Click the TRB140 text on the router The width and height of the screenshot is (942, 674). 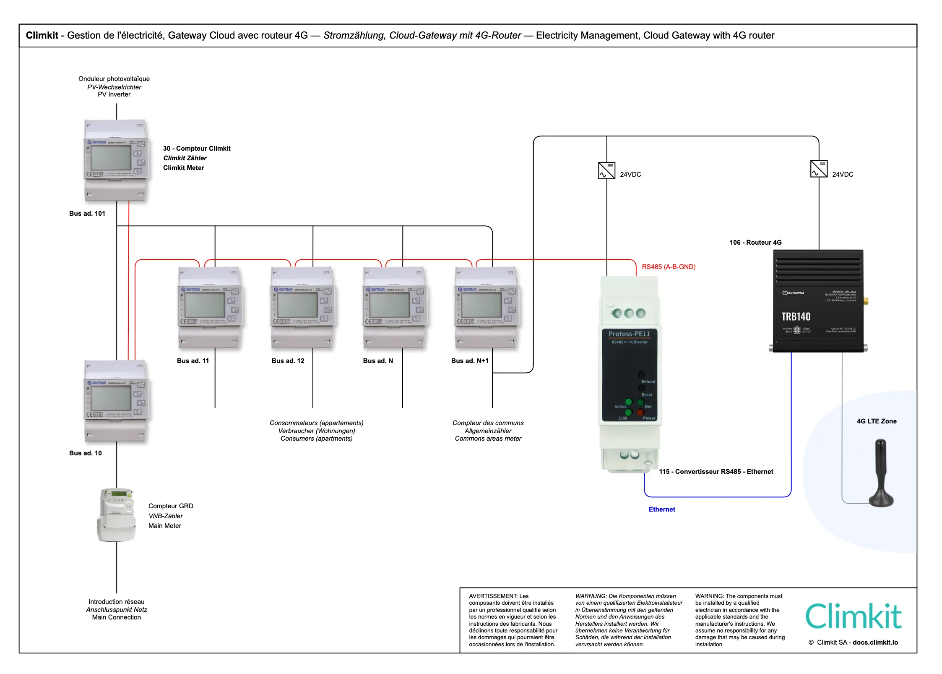click(796, 316)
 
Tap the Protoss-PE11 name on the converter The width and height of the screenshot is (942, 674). click(629, 334)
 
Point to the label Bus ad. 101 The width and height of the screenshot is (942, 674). click(87, 214)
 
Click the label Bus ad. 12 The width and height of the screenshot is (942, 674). click(288, 361)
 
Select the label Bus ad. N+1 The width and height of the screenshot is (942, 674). click(470, 361)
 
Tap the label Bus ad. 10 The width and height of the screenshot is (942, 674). click(86, 453)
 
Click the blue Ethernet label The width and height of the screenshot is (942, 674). click(662, 509)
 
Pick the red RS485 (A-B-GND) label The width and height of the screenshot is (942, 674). click(669, 267)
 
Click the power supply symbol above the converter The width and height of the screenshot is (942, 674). click(606, 171)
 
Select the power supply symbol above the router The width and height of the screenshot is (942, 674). click(819, 169)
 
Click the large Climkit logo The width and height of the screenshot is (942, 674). click(853, 617)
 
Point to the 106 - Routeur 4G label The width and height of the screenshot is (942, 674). click(755, 243)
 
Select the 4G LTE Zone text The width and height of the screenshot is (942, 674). click(877, 421)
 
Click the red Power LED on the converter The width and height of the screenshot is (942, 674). click(640, 413)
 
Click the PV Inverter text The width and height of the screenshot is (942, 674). click(114, 94)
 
